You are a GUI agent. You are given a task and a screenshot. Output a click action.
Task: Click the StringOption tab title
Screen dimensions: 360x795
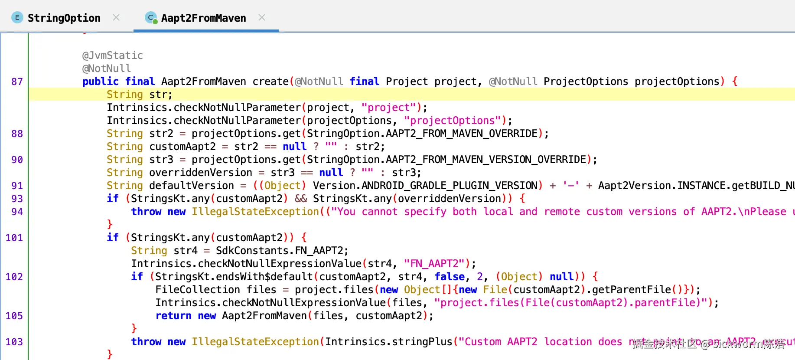coord(64,18)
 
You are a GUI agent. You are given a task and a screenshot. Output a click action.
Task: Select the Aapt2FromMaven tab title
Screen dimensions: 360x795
coord(203,18)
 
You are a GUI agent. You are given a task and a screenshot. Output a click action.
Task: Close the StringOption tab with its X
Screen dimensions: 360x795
coord(116,17)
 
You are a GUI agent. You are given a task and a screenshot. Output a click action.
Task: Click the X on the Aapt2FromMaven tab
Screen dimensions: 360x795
coord(262,17)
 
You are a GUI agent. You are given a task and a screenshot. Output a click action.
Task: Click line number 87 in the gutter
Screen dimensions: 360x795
coord(17,82)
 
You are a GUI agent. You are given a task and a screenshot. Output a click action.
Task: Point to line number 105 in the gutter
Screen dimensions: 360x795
coord(14,316)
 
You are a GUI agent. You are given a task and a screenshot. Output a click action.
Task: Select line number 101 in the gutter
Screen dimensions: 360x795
coord(14,238)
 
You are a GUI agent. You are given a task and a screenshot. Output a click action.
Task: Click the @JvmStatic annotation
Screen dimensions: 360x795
coord(112,56)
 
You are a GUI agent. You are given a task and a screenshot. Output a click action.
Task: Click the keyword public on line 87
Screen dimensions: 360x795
coord(100,82)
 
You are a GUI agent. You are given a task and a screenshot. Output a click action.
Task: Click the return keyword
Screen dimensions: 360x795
coord(173,316)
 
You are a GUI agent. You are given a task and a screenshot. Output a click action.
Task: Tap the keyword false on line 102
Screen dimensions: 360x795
coord(450,277)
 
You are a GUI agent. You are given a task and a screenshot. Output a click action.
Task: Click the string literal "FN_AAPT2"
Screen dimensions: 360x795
coord(437,264)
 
